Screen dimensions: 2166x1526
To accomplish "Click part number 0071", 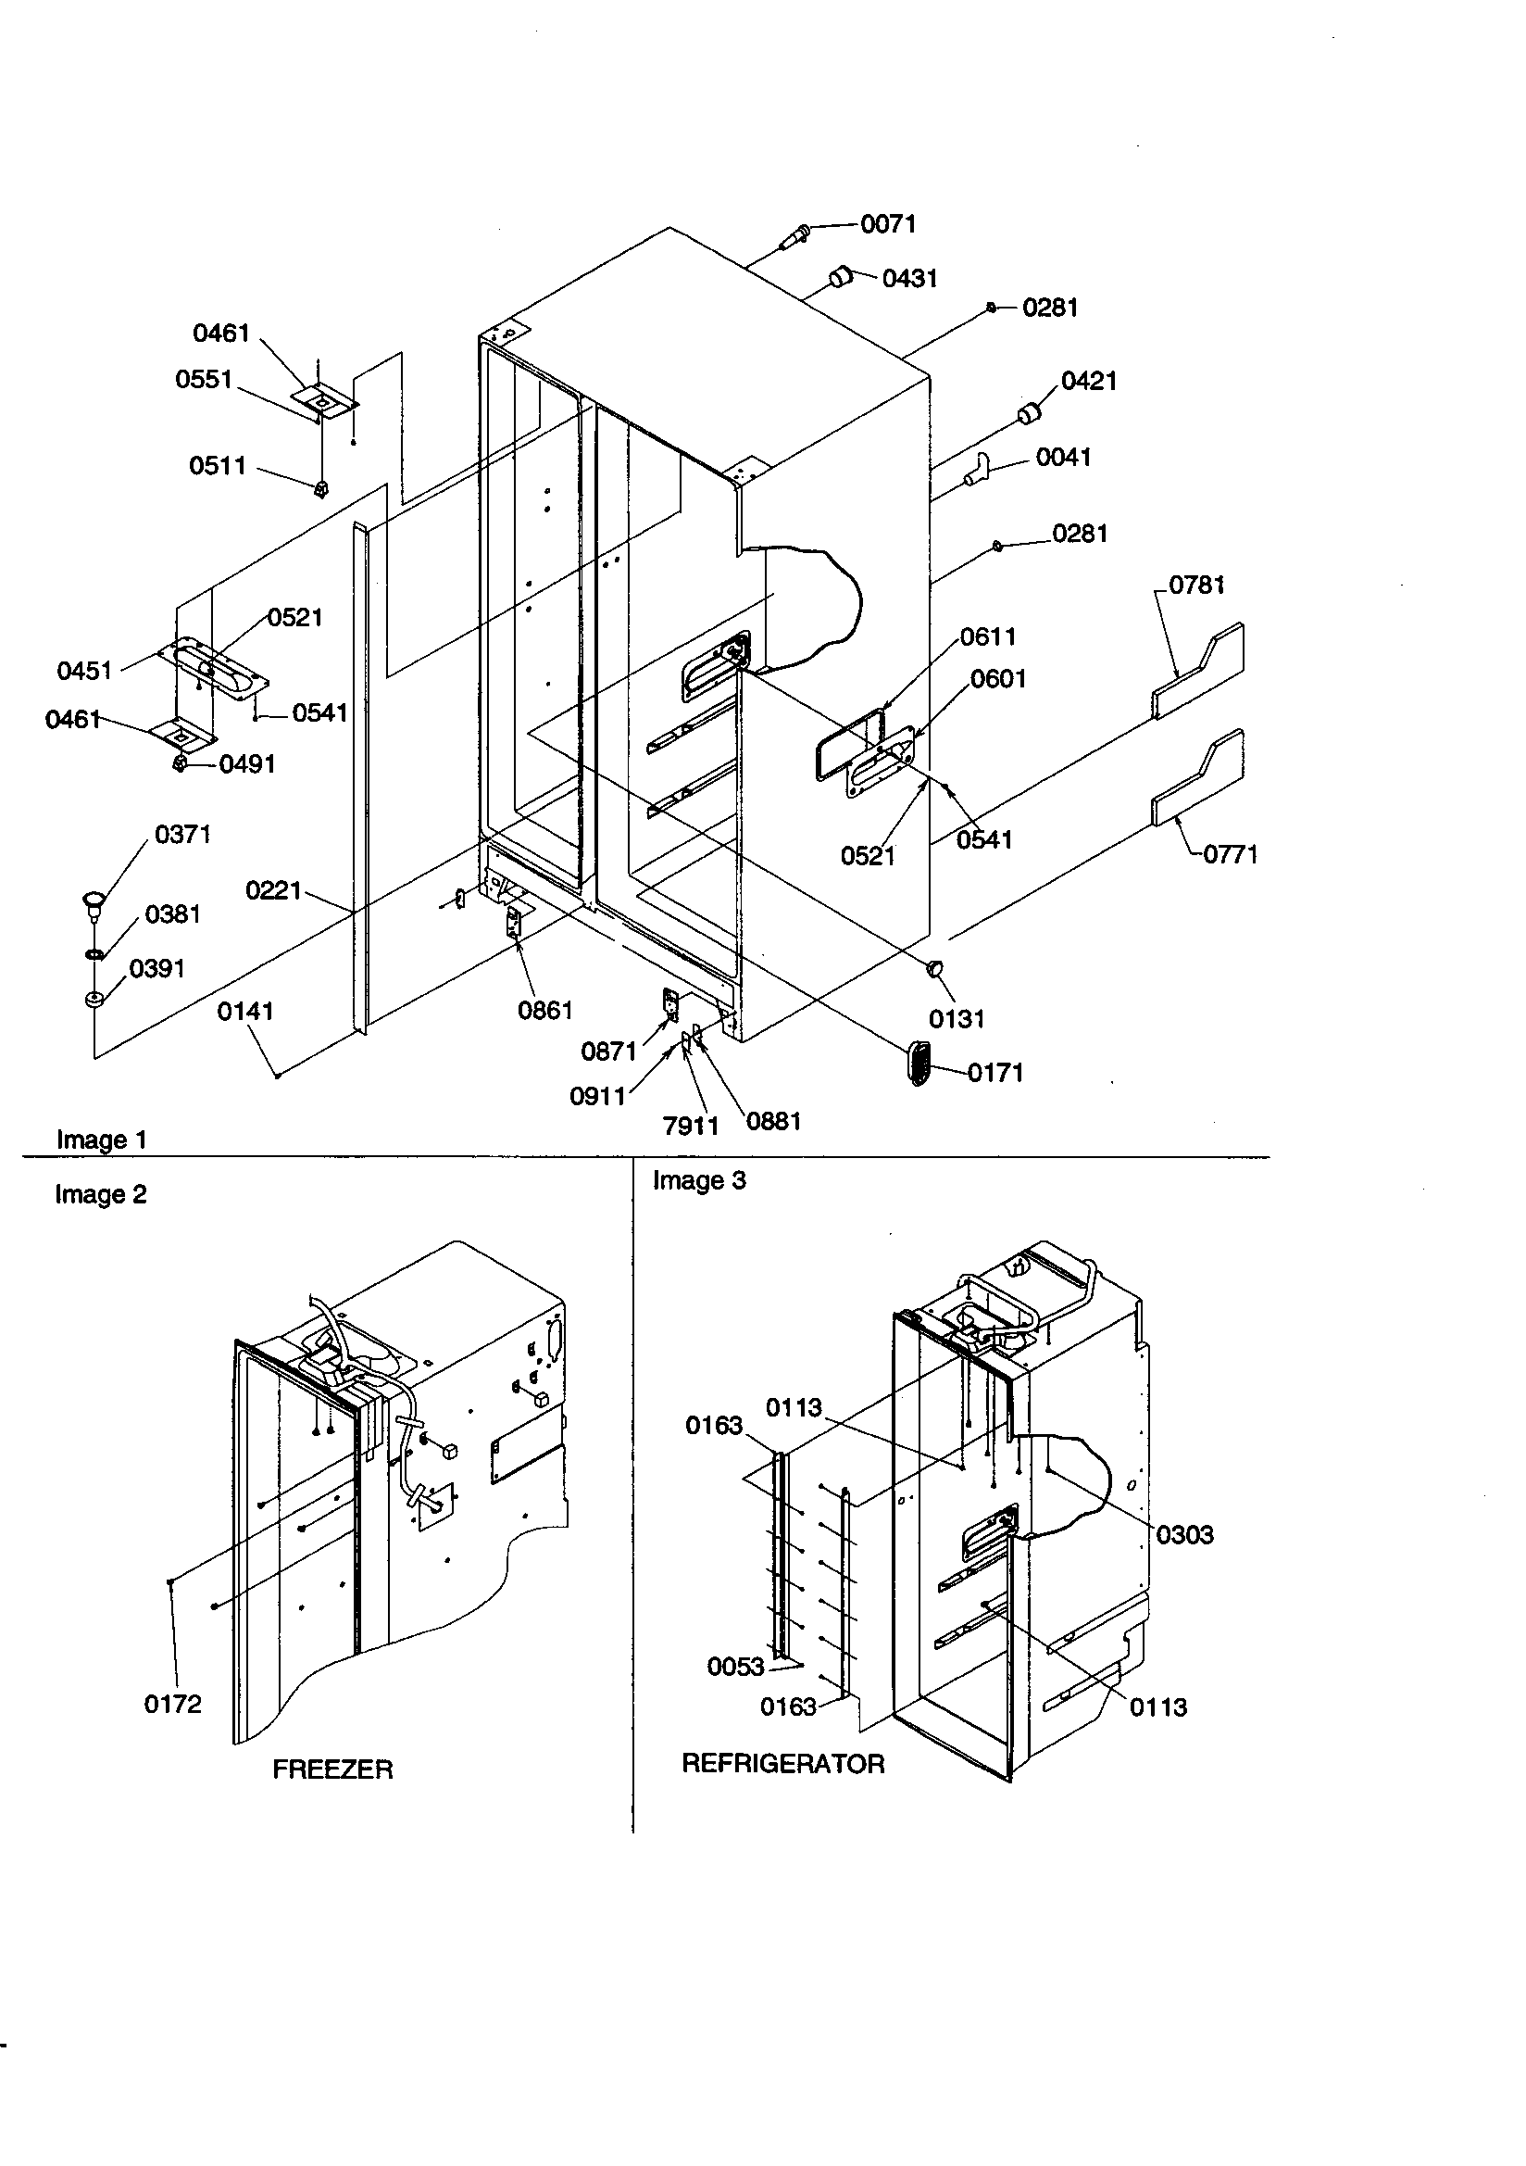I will coord(887,223).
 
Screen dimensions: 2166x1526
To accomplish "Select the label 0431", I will coord(909,278).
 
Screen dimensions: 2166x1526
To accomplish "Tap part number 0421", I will coord(1088,381).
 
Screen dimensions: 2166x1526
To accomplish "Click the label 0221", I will coord(272,890).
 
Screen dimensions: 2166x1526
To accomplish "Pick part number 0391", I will coord(156,969).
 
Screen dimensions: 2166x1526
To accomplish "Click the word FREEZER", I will coord(332,1769).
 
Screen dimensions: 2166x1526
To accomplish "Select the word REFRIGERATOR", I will coord(782,1764).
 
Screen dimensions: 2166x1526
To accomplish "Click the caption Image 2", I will coord(101,1194).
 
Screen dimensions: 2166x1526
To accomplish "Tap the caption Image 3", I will coord(699,1181).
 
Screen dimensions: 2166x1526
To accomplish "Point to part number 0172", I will coord(172,1704).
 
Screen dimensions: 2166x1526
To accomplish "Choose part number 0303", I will coord(1184,1535).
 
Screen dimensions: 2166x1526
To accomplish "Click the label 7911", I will coord(691,1126).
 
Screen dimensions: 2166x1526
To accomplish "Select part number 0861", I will coord(545,1011).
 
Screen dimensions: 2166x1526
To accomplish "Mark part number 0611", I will coord(987,636).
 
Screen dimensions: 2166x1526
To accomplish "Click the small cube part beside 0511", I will coord(321,488).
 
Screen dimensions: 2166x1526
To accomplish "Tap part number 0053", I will coord(735,1667).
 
